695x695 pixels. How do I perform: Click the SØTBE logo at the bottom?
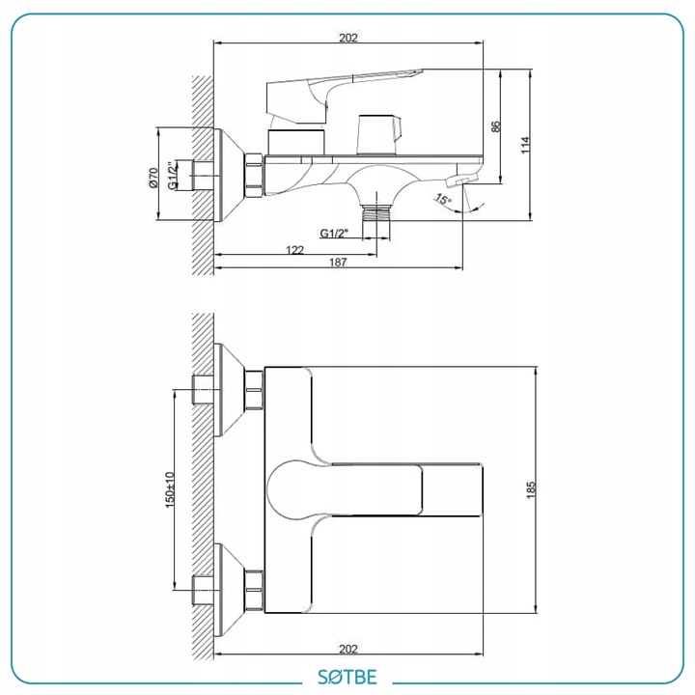point(347,677)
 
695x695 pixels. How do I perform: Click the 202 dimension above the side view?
point(347,38)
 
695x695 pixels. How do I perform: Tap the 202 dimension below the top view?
point(347,649)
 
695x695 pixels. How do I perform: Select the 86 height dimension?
point(495,126)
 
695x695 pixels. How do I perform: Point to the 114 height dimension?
point(525,145)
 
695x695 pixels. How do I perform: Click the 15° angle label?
point(443,199)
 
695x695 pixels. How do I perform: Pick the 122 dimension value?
point(294,250)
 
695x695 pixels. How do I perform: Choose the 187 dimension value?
point(337,262)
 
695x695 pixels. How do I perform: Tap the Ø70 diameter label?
point(153,178)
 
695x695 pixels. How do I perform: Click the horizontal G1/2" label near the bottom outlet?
point(334,234)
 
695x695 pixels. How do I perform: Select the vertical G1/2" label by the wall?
point(173,176)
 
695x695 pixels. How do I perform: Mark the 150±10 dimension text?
point(170,489)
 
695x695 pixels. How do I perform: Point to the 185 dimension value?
point(531,489)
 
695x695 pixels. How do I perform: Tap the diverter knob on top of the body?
point(379,134)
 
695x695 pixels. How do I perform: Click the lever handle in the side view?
point(337,96)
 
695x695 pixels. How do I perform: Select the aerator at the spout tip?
point(461,180)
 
